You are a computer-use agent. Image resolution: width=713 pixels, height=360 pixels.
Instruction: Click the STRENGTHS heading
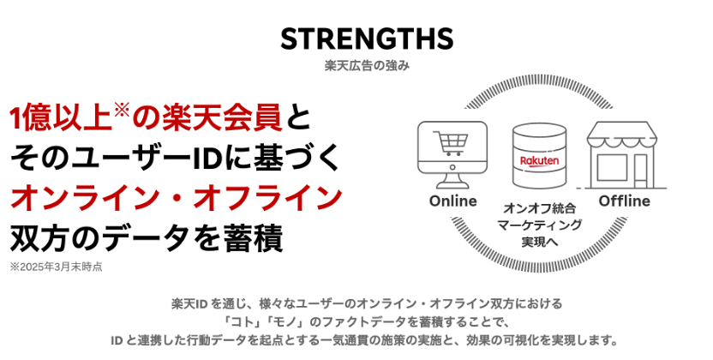tap(367, 39)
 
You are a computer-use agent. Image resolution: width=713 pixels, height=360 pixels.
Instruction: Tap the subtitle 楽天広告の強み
tap(367, 65)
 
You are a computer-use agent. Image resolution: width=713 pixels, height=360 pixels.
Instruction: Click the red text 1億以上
tap(61, 118)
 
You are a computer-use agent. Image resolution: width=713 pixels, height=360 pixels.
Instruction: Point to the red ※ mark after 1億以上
tap(122, 111)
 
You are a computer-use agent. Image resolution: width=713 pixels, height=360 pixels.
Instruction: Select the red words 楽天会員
tap(222, 118)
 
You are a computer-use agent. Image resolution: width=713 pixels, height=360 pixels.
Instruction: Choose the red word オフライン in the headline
tap(267, 199)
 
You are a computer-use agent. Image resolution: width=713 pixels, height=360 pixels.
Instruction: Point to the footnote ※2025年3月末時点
tap(56, 267)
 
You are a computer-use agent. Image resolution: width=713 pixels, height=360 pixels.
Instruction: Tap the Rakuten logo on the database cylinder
tap(539, 160)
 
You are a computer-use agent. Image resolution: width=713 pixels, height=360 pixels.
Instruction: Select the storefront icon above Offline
tap(621, 155)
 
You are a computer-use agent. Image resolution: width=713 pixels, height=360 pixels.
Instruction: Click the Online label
tap(452, 201)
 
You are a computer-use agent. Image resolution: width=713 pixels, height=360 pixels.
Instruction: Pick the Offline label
tap(625, 201)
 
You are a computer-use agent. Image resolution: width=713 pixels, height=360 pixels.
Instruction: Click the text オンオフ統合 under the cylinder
tap(539, 208)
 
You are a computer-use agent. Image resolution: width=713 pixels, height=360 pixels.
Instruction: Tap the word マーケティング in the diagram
tap(539, 225)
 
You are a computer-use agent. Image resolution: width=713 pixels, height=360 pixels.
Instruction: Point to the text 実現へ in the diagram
tap(539, 242)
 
